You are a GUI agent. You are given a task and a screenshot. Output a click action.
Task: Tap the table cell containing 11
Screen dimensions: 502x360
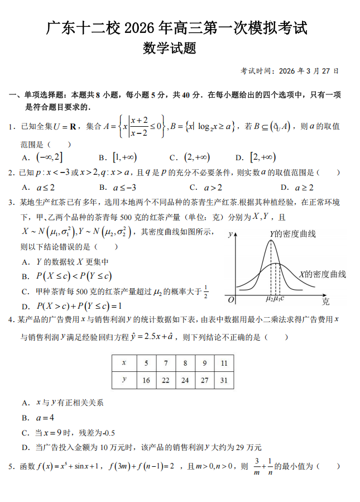[223, 364]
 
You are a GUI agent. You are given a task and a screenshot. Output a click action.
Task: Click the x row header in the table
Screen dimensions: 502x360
[123, 364]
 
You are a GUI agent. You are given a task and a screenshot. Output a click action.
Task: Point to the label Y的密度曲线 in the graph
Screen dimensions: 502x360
[292, 233]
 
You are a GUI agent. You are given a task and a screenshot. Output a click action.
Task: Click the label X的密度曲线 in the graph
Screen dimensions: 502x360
[322, 274]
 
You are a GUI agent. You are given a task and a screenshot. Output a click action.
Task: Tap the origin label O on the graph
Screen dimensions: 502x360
[231, 300]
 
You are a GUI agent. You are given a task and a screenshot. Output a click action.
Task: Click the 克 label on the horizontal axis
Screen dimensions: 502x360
[326, 302]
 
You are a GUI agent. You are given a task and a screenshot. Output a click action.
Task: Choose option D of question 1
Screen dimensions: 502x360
[256, 157]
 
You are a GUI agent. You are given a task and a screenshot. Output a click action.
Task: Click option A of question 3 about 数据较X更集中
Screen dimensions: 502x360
[65, 261]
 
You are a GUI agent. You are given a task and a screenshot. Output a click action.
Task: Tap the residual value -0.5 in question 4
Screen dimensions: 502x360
[106, 433]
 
